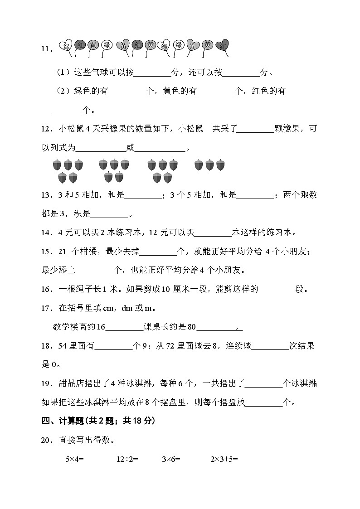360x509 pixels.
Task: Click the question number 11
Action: tap(46, 49)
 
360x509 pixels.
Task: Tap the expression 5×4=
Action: tap(75, 459)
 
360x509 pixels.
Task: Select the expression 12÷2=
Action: tap(127, 459)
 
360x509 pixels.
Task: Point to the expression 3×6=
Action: tap(171, 459)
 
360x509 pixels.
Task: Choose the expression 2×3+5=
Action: tap(224, 459)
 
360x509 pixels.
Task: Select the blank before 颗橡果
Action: tap(255, 129)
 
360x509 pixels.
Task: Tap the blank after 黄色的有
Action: tap(215, 91)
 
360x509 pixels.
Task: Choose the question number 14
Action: tap(46, 233)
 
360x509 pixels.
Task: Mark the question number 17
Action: tap(46, 309)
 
